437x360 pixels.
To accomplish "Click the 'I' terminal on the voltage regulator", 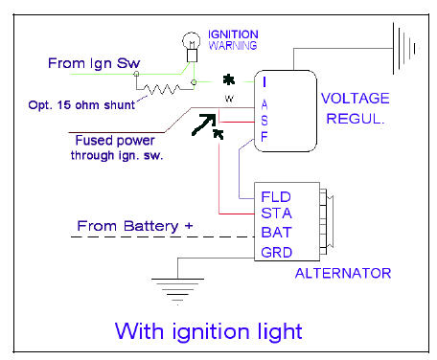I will click(x=264, y=82).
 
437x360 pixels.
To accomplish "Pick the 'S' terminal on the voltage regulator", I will click(x=264, y=120).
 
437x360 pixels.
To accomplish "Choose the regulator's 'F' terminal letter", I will click(x=264, y=138).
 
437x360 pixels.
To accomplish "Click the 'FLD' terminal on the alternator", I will click(x=277, y=196).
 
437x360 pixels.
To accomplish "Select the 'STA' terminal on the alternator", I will click(x=277, y=214).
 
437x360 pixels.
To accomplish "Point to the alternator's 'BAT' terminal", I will click(x=277, y=234).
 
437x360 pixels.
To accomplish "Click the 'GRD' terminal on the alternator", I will click(x=277, y=253).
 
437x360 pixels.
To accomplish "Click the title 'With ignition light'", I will click(x=210, y=332).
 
